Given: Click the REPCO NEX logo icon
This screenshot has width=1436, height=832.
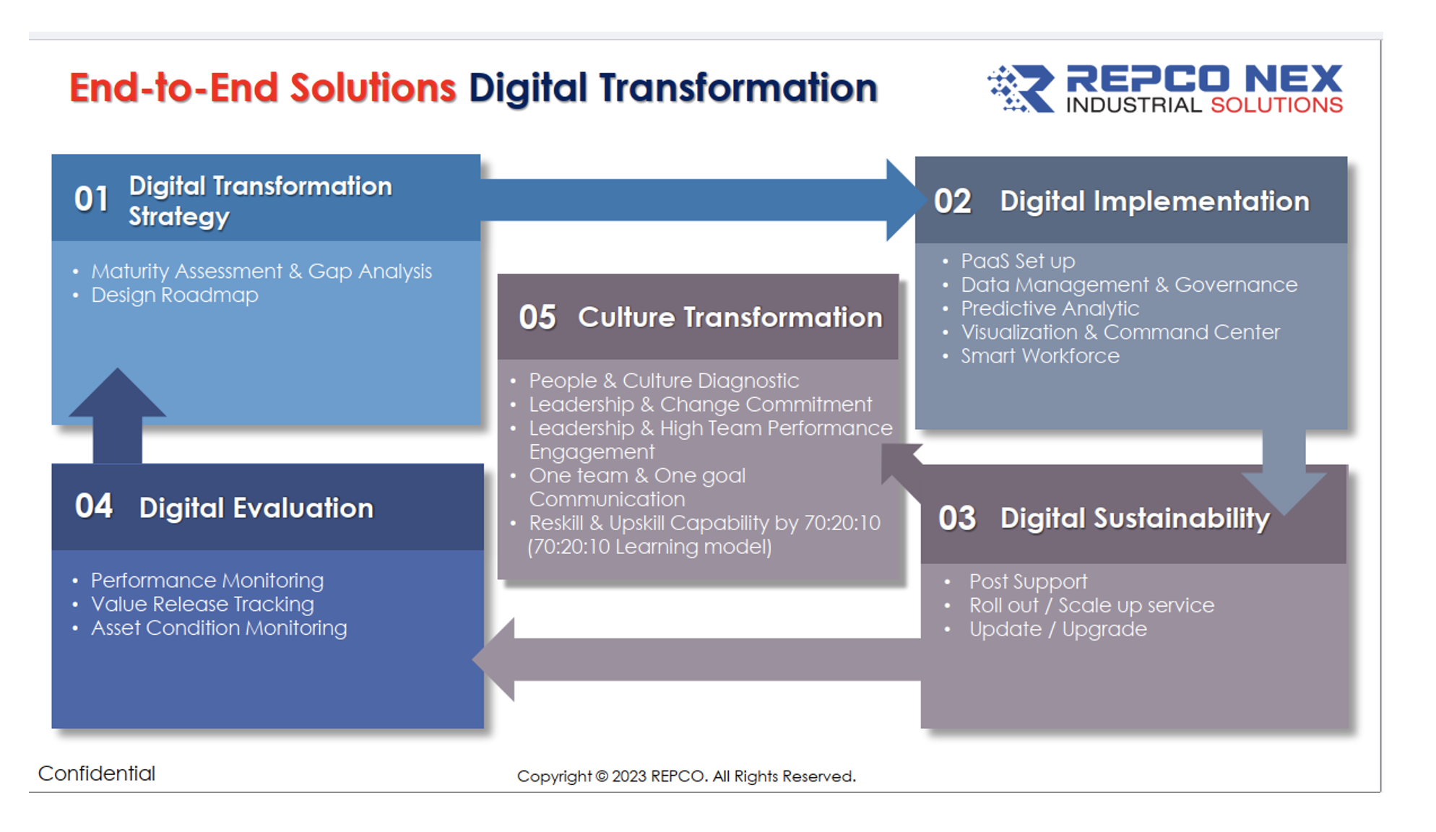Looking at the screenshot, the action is pyautogui.click(x=1021, y=89).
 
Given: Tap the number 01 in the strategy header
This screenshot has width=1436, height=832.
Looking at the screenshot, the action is pyautogui.click(x=92, y=199).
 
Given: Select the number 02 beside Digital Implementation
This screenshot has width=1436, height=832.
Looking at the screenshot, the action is pyautogui.click(x=953, y=201).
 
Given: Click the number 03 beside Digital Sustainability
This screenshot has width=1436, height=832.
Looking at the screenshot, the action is pyautogui.click(x=957, y=519).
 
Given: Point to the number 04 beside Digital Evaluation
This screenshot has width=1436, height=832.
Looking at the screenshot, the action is pyautogui.click(x=94, y=506).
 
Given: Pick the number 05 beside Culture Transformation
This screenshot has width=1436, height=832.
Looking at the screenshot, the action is pyautogui.click(x=537, y=317).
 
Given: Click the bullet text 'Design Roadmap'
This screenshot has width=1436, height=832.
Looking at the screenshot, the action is pyautogui.click(x=175, y=295).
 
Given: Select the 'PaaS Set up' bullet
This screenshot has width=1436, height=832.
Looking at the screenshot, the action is pyautogui.click(x=1018, y=261).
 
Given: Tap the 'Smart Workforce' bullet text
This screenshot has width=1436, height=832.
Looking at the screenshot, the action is pyautogui.click(x=1040, y=356).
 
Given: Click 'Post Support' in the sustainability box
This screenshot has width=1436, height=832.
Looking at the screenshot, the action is pyautogui.click(x=1028, y=581).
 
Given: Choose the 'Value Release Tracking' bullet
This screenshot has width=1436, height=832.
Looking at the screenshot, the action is pyautogui.click(x=202, y=604).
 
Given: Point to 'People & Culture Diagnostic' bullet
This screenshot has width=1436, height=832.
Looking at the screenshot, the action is pyautogui.click(x=664, y=381).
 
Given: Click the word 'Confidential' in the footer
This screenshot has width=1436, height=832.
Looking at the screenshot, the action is pyautogui.click(x=97, y=773).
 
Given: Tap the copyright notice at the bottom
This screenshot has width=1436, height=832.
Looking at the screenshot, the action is pyautogui.click(x=686, y=776).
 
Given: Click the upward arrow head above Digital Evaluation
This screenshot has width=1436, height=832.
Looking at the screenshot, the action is pyautogui.click(x=117, y=393).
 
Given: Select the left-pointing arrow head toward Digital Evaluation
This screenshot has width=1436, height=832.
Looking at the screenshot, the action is pyautogui.click(x=494, y=659).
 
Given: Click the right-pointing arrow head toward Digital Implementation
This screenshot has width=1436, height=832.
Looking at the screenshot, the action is pyautogui.click(x=907, y=200).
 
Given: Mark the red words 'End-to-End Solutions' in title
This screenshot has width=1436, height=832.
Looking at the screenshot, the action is pyautogui.click(x=262, y=88).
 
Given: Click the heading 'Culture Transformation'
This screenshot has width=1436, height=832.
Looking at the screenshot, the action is pyautogui.click(x=730, y=317).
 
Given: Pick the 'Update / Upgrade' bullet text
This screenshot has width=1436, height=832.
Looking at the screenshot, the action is pyautogui.click(x=1058, y=629).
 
